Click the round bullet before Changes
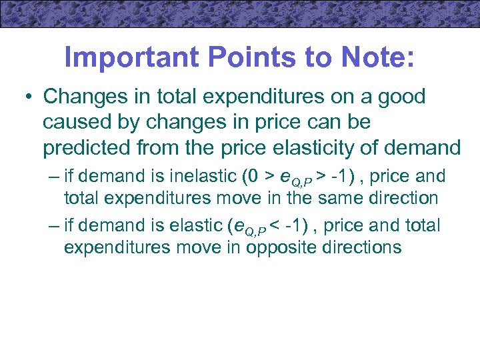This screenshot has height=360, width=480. [29, 97]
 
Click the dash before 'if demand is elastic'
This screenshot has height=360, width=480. [55, 227]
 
